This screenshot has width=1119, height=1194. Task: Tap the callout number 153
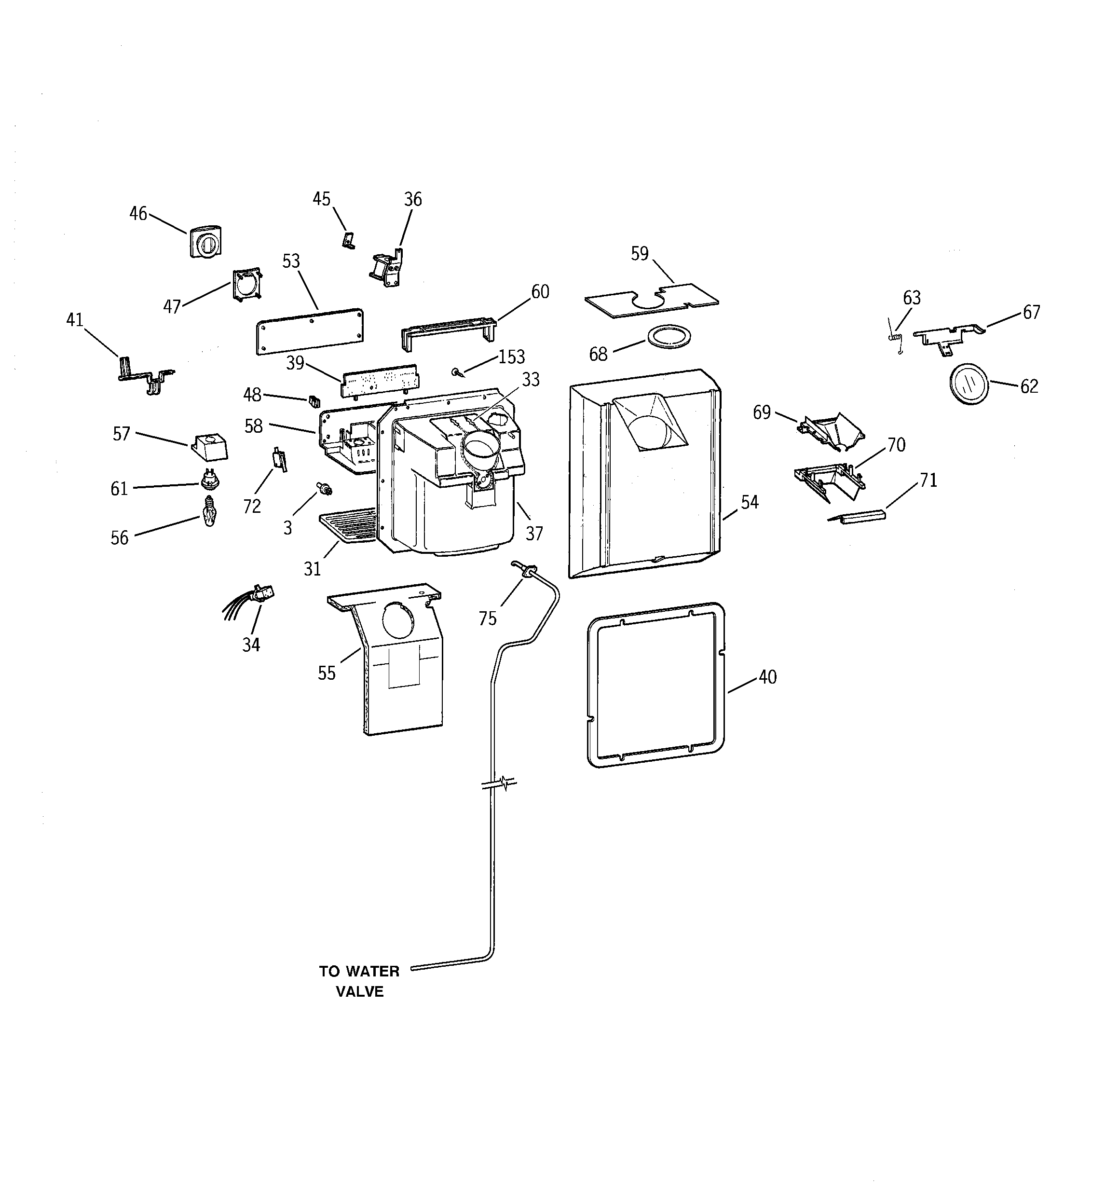point(511,357)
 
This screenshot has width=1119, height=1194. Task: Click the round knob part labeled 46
point(206,243)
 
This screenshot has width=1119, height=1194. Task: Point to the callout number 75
point(488,618)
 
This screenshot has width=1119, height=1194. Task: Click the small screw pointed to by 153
point(458,372)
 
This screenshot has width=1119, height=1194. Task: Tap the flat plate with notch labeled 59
point(652,299)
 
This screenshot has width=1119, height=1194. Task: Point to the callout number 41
point(74,320)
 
